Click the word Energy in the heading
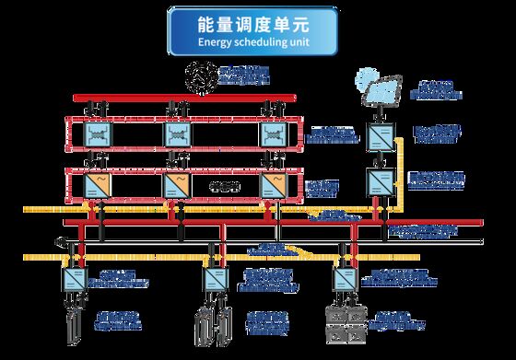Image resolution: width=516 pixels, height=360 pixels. [x=214, y=42]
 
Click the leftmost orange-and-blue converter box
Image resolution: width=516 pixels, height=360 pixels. [x=96, y=186]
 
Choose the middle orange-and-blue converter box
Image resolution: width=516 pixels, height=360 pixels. [x=177, y=186]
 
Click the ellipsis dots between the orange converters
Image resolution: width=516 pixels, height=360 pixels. [x=224, y=187]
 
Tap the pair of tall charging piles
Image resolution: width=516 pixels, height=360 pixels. [x=212, y=326]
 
